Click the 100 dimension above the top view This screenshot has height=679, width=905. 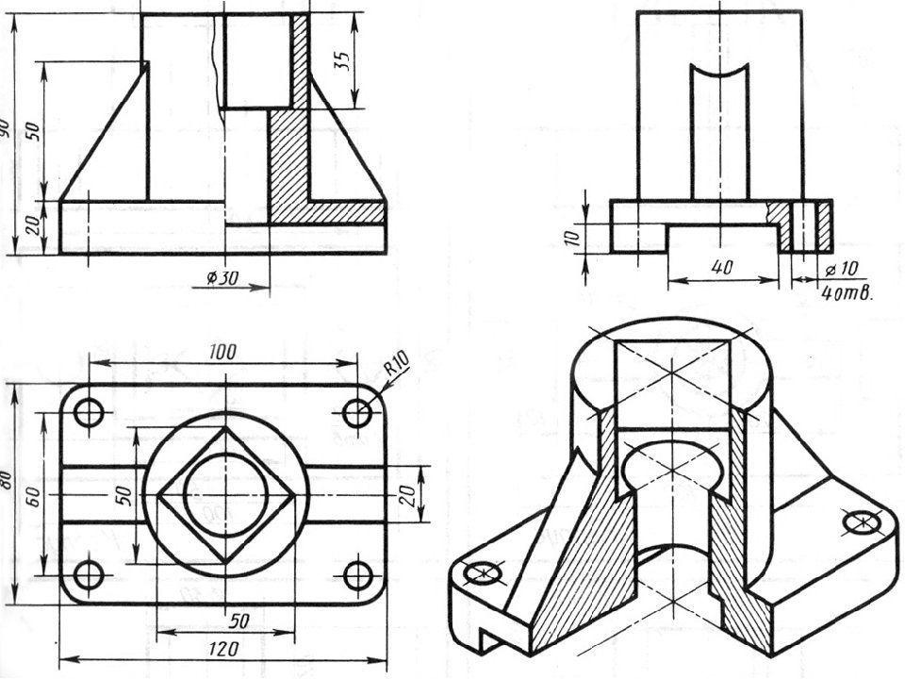[x=223, y=352]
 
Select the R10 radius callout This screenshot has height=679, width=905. [x=397, y=363]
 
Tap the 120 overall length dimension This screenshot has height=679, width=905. [x=223, y=649]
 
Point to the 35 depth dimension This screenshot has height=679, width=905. [x=343, y=58]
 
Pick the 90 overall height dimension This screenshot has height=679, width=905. [x=6, y=128]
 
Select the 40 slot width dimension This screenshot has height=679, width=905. [x=722, y=268]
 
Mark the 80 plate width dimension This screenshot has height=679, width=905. [x=7, y=479]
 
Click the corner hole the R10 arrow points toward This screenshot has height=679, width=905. [x=357, y=412]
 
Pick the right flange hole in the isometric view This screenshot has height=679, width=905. [x=862, y=520]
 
